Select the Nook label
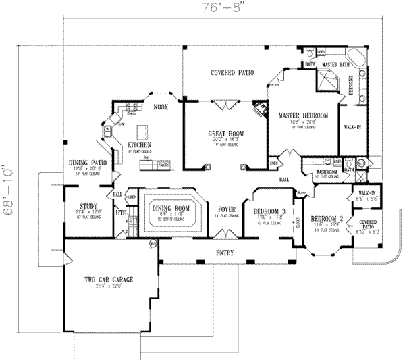[x=160, y=107]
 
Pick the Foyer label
[x=227, y=210]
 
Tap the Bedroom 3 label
[x=268, y=211]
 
